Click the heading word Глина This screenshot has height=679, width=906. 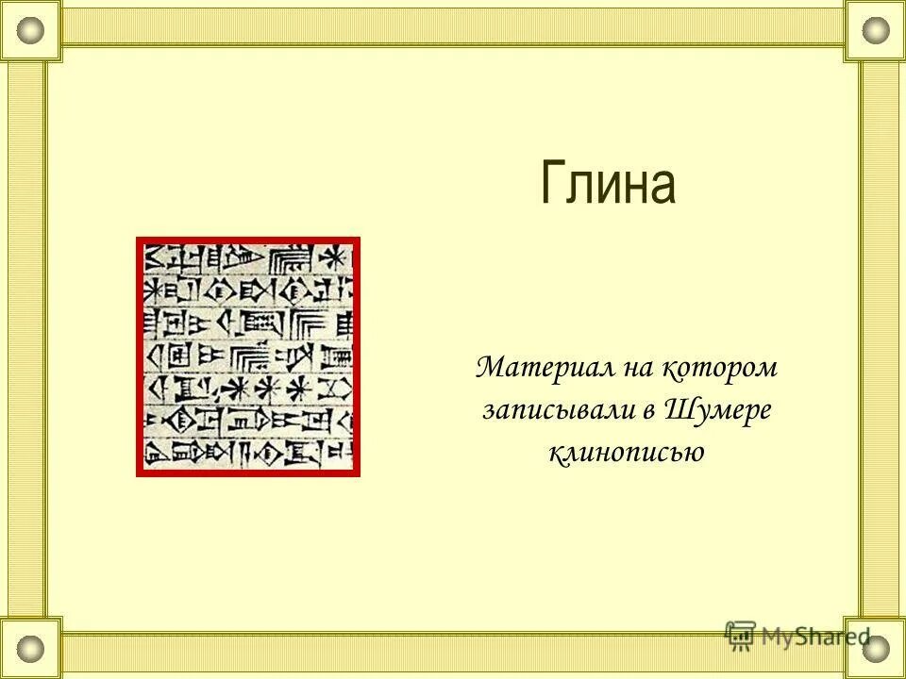pos(609,183)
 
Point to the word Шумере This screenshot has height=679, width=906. pos(720,410)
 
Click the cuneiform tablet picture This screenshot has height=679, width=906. pos(248,356)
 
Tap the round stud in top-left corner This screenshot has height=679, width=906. pos(31,30)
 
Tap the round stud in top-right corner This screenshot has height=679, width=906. pos(876,30)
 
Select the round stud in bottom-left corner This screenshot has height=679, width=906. pos(31,648)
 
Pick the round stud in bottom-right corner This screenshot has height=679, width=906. pos(876,648)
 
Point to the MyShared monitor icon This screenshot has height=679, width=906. pos(740,634)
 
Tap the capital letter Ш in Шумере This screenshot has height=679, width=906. pos(683,410)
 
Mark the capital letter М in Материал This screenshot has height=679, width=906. pos(492,368)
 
